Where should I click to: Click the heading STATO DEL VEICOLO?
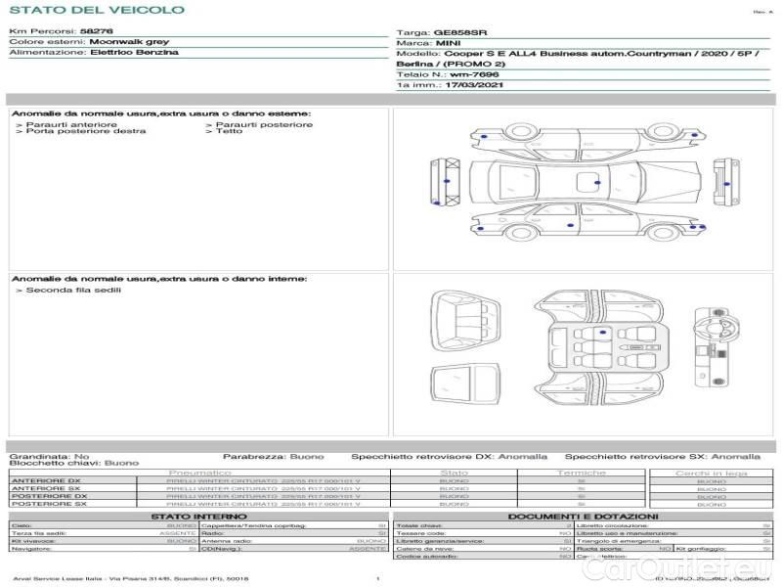coord(97,10)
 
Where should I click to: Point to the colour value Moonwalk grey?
coord(128,42)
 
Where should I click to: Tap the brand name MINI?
coord(449,44)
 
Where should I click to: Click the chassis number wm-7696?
coord(470,74)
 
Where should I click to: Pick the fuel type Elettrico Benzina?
coord(134,52)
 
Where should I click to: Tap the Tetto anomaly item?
coord(229,131)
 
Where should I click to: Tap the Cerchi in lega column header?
coord(711,473)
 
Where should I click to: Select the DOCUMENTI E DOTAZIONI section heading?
coord(583,517)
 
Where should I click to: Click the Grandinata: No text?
coord(49,456)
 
